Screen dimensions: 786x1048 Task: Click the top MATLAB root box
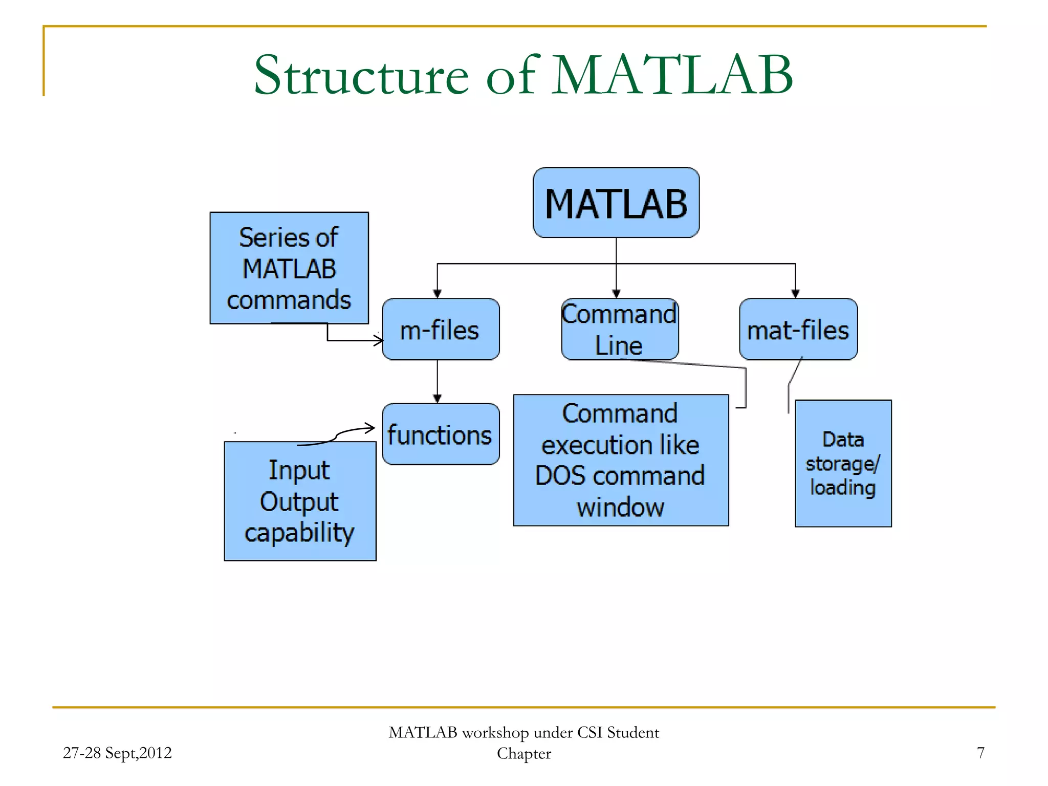coord(616,203)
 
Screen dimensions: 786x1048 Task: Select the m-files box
coord(441,330)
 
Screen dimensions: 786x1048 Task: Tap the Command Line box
coord(620,330)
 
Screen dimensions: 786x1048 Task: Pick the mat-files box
coord(798,330)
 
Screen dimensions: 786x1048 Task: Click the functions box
coord(441,434)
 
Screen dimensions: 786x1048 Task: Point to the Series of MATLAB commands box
coord(289,268)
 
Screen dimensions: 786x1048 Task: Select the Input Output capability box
coord(300,501)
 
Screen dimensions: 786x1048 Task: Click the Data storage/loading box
coord(843,464)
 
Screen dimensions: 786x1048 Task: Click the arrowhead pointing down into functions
coord(437,398)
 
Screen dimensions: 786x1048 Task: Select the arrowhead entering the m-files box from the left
coord(379,340)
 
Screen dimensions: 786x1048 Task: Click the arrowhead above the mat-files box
coord(795,293)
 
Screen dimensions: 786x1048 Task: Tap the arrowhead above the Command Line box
coord(616,293)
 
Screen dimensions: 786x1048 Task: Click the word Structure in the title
coord(361,76)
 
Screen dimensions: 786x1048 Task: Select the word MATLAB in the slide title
coord(672,76)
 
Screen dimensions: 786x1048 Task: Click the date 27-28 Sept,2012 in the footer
coord(117,753)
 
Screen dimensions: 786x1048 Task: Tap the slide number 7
coord(980,753)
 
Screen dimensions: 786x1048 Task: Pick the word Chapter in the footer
coord(524,754)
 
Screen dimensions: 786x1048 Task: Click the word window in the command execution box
coord(620,508)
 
